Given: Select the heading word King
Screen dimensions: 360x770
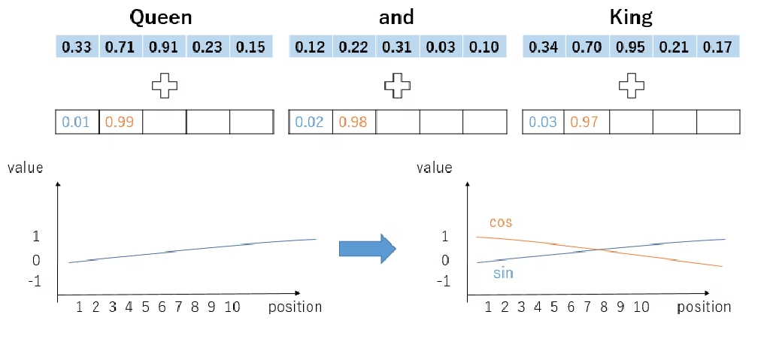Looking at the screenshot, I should point(630,17).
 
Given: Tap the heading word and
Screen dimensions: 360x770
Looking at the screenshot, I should point(396,17).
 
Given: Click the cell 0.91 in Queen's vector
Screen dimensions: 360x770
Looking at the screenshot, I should point(163,47).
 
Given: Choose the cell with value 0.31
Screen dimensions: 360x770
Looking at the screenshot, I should point(396,47).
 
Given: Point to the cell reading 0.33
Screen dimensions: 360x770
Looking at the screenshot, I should point(77,47).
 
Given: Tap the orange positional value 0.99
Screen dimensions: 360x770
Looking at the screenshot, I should point(120,122).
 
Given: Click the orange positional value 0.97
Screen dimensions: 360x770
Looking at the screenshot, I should point(585,122).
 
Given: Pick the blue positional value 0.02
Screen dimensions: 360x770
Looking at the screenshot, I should point(309,122).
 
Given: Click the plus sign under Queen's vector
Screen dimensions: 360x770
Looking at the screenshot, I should point(164,85).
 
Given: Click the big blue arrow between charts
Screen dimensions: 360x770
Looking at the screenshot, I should point(367,248).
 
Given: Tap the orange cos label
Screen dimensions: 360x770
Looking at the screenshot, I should point(501,222).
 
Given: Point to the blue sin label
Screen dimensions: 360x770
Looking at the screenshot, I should point(503,273).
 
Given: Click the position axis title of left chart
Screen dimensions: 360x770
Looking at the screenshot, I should point(295,307).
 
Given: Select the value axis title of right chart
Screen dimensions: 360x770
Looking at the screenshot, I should point(435,168).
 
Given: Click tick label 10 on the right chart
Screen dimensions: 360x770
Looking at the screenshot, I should point(641,307).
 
